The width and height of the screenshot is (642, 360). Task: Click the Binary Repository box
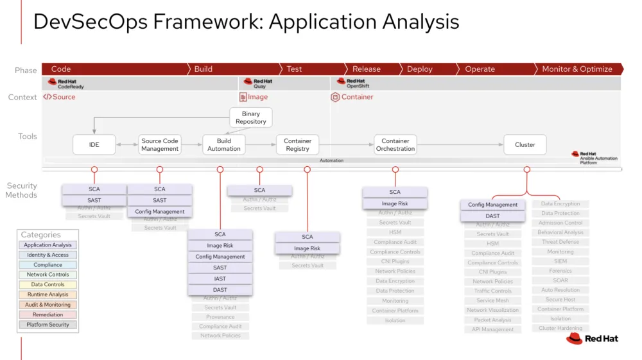coord(250,117)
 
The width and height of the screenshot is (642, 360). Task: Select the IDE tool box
coord(94,145)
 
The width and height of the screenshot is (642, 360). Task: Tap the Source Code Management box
coord(160,145)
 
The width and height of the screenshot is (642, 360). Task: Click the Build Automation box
coord(223,145)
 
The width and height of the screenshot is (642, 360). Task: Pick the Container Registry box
coord(297,145)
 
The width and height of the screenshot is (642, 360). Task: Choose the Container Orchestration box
coord(395,145)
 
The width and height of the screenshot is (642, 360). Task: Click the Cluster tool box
coord(525,145)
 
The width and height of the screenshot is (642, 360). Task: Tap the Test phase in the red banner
coord(294,69)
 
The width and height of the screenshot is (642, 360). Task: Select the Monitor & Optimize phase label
coord(577,69)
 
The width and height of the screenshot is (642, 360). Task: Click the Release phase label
coord(366,69)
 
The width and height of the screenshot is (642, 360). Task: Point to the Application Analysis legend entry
coord(48,245)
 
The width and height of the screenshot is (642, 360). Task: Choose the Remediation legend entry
coord(48,314)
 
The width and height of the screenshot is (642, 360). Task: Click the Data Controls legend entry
coord(48,285)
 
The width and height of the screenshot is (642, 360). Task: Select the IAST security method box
coord(220,279)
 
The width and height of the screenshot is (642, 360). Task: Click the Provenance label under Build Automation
coord(220,317)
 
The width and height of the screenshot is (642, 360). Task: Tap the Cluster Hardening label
coord(560,328)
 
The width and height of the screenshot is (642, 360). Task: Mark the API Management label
coord(492,329)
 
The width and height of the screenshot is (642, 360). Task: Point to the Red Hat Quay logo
coord(258,83)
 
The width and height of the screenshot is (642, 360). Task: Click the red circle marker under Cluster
coord(527,169)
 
